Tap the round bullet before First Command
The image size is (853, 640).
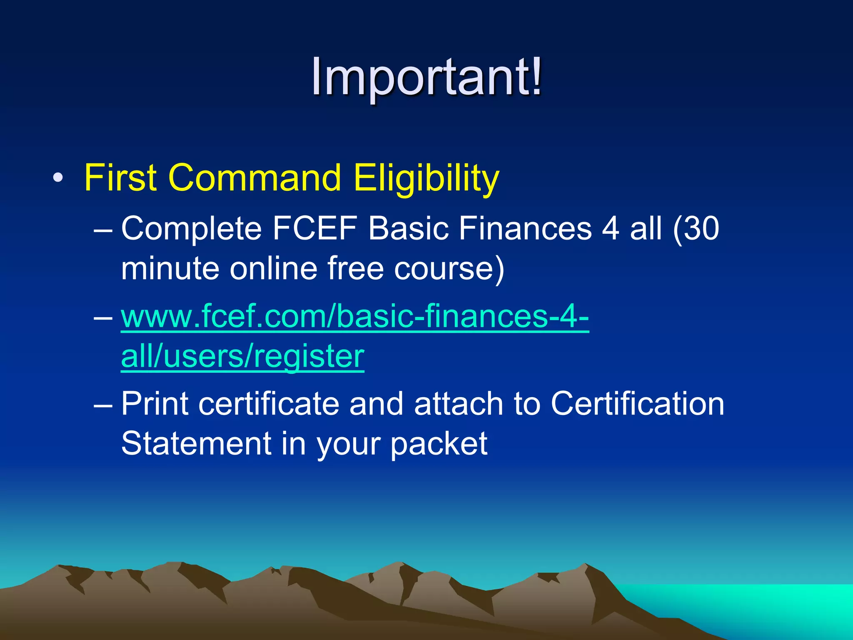tap(58, 179)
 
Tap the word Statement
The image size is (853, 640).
tap(196, 443)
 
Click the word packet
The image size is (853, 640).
tap(439, 443)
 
